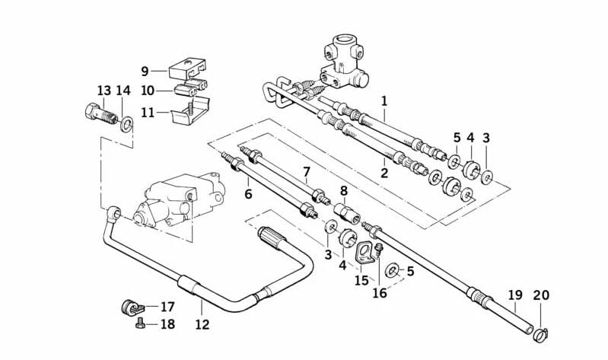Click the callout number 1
[384, 100]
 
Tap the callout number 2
[384, 173]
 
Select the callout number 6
[248, 195]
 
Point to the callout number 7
[307, 172]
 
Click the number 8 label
[343, 190]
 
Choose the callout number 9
[145, 72]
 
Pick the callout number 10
[147, 91]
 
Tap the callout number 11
[147, 112]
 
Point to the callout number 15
[361, 281]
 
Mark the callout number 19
[515, 295]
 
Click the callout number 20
[540, 295]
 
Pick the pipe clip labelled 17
[130, 307]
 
